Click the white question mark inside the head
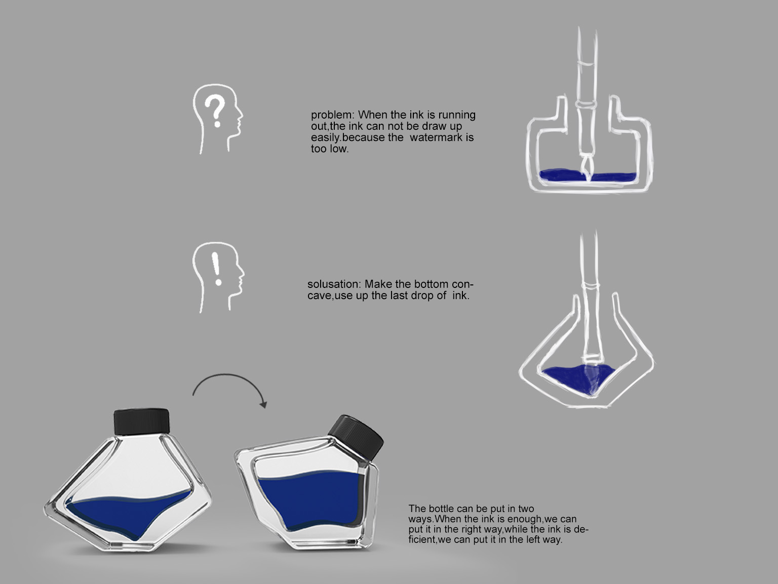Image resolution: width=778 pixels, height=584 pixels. pos(215,111)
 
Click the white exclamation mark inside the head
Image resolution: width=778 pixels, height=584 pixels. pos(216,269)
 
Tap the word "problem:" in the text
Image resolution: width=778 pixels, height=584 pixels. pos(332,115)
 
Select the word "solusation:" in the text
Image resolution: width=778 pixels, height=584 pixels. pos(334,284)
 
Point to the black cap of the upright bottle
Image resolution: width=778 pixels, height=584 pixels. pos(141,421)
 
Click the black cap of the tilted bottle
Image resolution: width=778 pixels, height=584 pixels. pos(356,437)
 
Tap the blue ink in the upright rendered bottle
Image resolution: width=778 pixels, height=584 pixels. pos(129,513)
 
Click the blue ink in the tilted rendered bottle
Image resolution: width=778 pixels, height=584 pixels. pos(310,499)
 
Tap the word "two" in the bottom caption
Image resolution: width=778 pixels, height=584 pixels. pos(526,508)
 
